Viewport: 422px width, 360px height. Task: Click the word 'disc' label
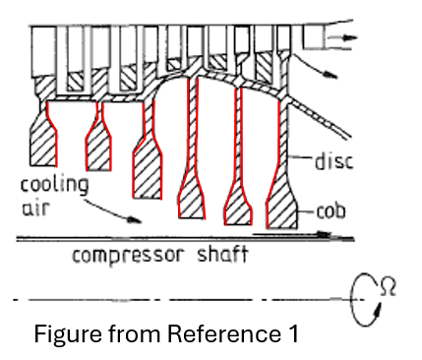333,161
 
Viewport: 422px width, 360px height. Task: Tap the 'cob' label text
332,211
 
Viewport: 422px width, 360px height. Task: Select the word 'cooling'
54,185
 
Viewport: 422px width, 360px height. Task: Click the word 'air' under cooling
35,208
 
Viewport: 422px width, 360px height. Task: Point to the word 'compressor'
128,256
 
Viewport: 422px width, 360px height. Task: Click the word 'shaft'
222,254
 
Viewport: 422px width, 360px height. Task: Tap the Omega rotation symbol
389,287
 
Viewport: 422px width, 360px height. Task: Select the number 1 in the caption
293,333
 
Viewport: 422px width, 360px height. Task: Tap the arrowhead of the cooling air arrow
135,220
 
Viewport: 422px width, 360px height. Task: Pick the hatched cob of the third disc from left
148,169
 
